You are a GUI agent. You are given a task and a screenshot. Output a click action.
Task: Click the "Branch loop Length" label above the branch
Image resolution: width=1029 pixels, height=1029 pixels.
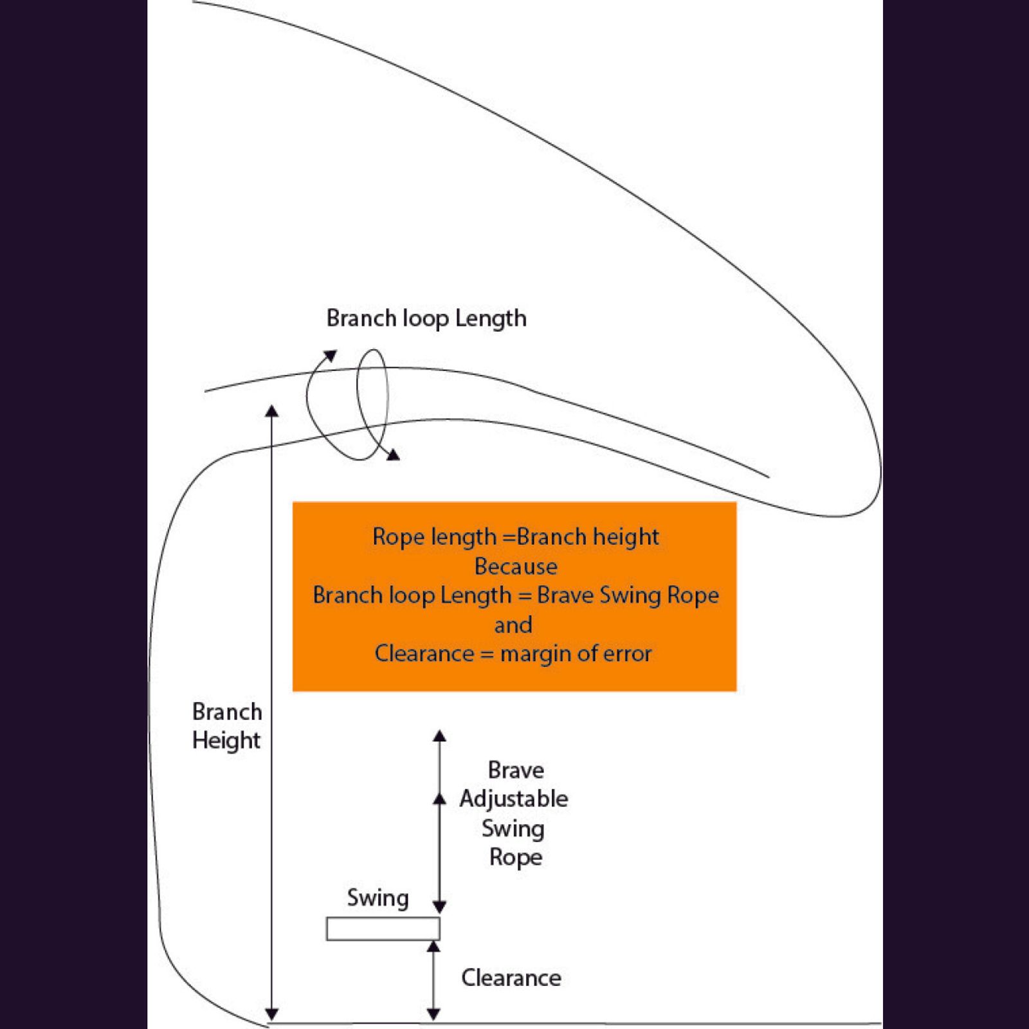[x=426, y=318]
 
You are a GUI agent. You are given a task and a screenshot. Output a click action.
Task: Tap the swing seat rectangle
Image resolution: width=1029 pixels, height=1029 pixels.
[x=383, y=929]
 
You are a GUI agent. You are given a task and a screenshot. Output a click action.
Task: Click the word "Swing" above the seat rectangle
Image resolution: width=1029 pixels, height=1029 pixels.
[x=378, y=898]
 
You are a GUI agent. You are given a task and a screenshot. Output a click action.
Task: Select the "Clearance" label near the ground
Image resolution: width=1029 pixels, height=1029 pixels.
[x=511, y=978]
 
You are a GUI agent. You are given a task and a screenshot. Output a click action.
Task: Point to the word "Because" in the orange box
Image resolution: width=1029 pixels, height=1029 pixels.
[x=516, y=567]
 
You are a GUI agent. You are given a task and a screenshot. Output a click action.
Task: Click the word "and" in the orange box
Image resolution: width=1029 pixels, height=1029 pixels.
[x=513, y=624]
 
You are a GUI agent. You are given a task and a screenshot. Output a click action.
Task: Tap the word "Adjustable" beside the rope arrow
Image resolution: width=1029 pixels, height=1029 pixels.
[x=514, y=799]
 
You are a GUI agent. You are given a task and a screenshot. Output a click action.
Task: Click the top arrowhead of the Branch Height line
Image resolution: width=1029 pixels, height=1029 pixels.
[x=272, y=411]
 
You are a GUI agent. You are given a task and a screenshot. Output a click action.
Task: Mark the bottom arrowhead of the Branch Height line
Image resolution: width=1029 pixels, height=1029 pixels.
[x=272, y=1014]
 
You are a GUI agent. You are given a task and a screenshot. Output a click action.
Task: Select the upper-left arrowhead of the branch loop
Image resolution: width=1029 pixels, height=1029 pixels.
[x=331, y=356]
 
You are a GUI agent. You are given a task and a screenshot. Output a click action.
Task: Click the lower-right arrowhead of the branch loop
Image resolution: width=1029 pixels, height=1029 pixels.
[x=392, y=455]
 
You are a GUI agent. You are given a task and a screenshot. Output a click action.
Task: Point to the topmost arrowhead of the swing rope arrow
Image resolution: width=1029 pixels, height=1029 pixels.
[x=439, y=736]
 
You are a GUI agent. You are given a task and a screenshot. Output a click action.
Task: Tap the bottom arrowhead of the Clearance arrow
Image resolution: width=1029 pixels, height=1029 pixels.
[x=433, y=1014]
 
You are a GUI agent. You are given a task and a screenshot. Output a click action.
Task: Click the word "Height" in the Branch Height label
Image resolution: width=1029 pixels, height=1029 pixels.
[x=226, y=740]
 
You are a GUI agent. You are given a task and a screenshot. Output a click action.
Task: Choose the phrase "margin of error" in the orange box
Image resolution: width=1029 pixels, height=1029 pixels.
[x=576, y=653]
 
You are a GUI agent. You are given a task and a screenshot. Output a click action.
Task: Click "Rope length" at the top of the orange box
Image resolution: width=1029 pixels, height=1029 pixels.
[x=435, y=536]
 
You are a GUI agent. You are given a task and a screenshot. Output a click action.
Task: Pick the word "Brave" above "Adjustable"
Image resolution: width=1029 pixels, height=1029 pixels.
[x=516, y=770]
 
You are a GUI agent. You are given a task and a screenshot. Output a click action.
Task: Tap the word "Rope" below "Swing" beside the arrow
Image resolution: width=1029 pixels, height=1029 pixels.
[x=516, y=857]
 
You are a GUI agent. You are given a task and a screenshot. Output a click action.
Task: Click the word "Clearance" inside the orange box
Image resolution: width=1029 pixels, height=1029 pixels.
[x=424, y=653]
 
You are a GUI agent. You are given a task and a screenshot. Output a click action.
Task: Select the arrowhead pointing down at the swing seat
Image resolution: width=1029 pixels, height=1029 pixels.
[x=439, y=907]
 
